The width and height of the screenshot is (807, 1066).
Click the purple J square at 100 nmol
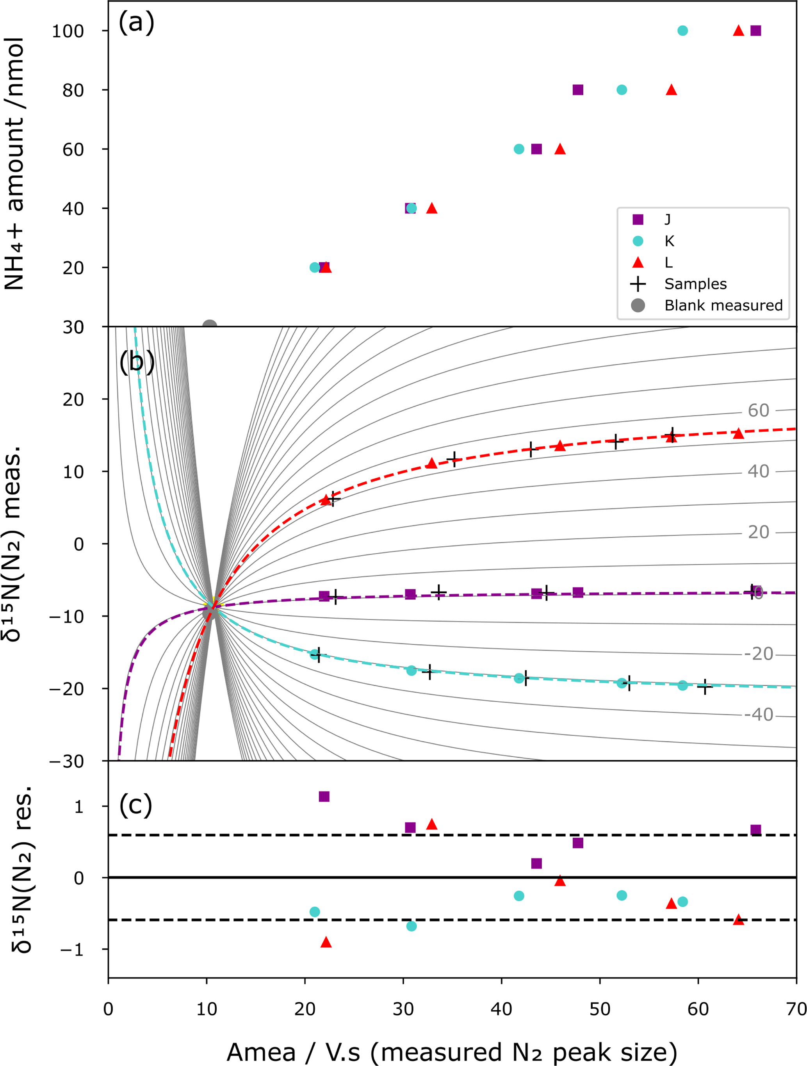click(755, 31)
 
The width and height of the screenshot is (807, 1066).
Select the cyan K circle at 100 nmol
click(682, 31)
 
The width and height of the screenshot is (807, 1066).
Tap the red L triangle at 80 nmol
click(671, 90)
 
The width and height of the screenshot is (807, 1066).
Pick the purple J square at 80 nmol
click(578, 90)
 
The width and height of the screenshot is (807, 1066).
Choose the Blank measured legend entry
click(723, 305)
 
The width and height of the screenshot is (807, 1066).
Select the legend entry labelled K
click(669, 241)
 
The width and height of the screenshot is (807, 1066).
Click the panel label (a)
click(136, 23)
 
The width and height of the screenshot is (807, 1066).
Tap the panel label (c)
click(135, 805)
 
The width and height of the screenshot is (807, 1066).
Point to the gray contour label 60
click(758, 411)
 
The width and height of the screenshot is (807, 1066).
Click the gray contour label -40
click(758, 714)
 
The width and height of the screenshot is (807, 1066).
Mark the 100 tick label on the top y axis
click(68, 31)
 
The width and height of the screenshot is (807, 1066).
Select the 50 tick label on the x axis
click(600, 1009)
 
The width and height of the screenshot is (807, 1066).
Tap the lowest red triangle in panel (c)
click(326, 942)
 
